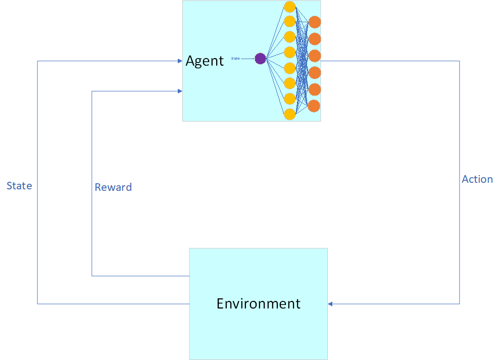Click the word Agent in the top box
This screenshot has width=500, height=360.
point(205,61)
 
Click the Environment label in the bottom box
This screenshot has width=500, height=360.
point(258,303)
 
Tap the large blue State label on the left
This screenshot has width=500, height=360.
point(19,186)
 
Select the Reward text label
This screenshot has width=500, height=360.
point(113,187)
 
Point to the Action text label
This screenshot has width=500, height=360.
point(477,179)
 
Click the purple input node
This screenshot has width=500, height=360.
point(260,59)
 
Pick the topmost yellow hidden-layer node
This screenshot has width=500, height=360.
point(289,7)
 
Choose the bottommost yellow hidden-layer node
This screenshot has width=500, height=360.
point(289,114)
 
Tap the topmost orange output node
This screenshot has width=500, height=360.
point(315,22)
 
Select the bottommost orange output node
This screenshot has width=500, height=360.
point(314,106)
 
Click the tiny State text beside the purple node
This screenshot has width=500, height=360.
point(235,59)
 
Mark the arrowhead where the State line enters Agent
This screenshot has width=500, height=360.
point(180,61)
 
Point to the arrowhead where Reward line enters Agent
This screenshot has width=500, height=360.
point(180,91)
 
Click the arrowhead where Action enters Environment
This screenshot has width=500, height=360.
point(330,303)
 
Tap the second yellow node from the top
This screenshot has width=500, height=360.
point(289,22)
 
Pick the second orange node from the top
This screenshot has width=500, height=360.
point(315,39)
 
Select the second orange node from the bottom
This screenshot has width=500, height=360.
point(315,89)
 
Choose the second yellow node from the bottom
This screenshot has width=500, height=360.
point(289,98)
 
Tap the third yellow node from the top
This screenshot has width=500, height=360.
point(289,37)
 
